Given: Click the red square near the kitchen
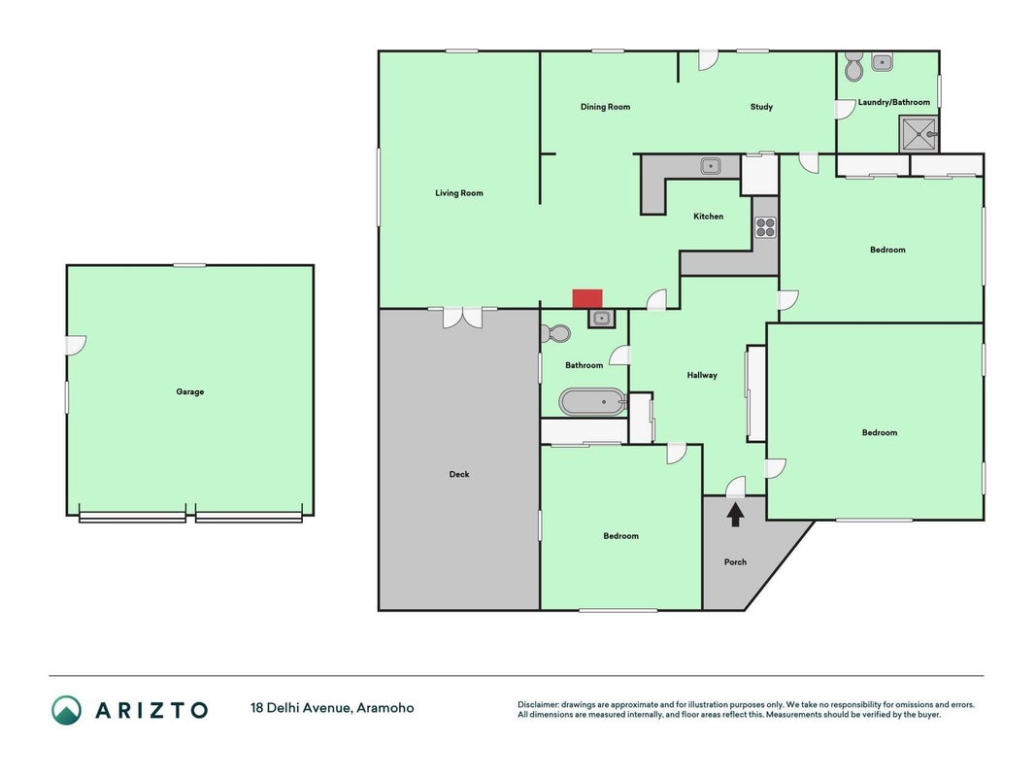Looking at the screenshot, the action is click(x=586, y=298).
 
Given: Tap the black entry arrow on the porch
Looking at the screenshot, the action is click(x=735, y=515).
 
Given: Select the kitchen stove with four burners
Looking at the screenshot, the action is click(x=765, y=227).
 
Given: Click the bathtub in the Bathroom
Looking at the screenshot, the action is click(x=592, y=402).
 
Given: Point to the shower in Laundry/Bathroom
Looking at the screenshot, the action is click(x=919, y=134).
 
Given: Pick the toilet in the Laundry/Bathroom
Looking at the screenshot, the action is click(x=853, y=66).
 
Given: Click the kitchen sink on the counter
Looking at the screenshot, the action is click(x=711, y=166).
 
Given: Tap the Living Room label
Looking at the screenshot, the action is click(x=458, y=193).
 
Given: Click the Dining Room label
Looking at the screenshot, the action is click(x=605, y=107).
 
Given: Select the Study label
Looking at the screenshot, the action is click(x=761, y=107).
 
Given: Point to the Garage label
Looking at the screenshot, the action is click(x=189, y=391).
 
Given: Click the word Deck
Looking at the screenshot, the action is click(x=459, y=474).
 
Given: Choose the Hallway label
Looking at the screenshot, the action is click(x=702, y=375).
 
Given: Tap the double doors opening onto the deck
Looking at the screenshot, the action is click(x=462, y=318).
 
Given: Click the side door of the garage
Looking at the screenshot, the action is click(x=76, y=345).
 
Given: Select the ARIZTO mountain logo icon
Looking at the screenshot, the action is click(x=66, y=710).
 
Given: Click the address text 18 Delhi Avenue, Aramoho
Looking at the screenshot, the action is click(x=332, y=708).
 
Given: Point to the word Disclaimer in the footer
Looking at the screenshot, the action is click(x=538, y=704).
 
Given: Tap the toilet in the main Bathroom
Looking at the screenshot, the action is click(x=555, y=333).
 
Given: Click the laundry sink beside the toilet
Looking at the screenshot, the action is click(x=882, y=63).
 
